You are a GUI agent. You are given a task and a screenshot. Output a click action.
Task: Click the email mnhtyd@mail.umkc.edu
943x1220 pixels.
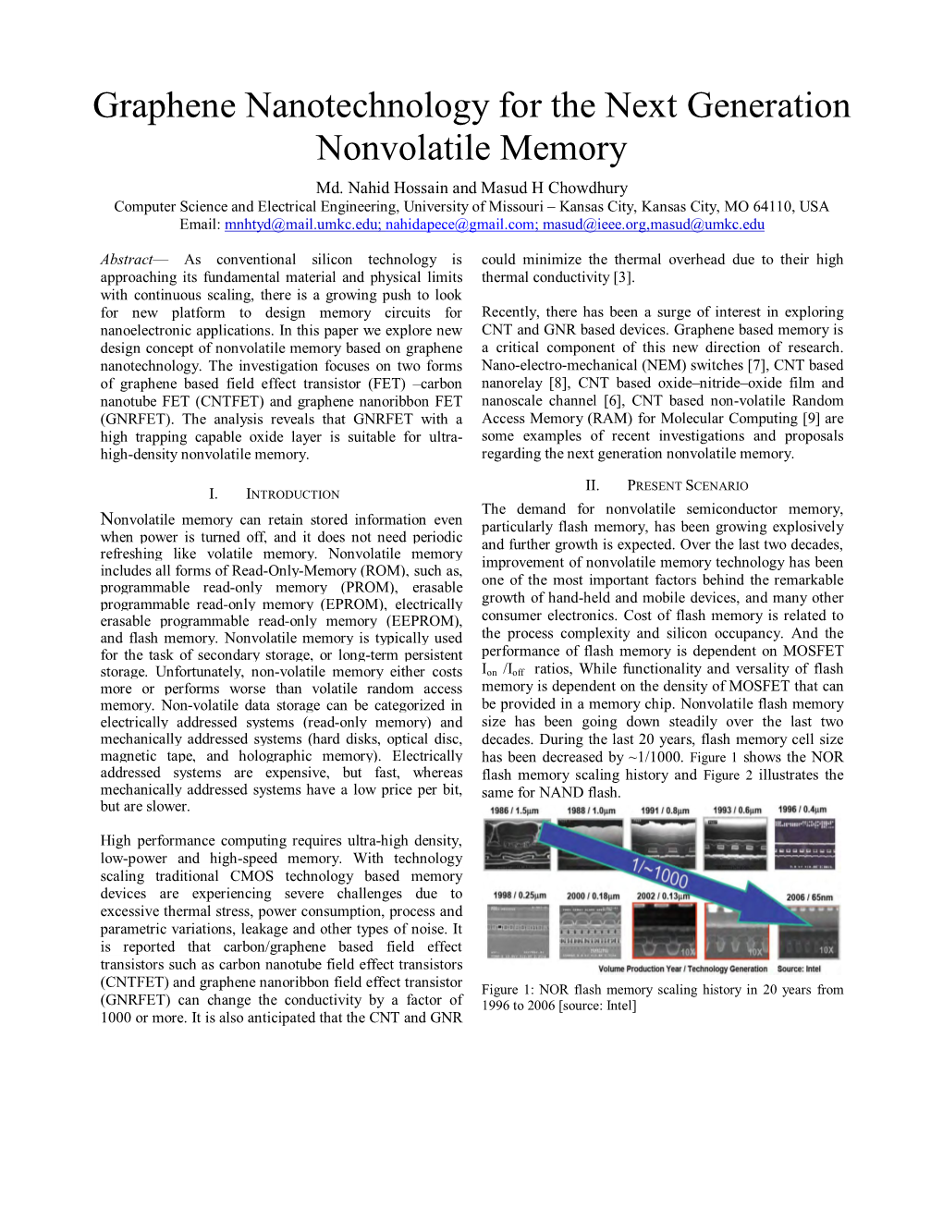pyautogui.click(x=301, y=225)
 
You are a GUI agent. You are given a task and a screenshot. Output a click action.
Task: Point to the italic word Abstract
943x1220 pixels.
pyautogui.click(x=127, y=260)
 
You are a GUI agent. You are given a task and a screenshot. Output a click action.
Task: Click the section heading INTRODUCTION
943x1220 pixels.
pyautogui.click(x=292, y=494)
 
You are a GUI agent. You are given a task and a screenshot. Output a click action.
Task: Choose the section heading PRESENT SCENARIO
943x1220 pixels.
pyautogui.click(x=687, y=486)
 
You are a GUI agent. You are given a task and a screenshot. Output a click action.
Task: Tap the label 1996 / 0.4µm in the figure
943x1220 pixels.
pyautogui.click(x=802, y=811)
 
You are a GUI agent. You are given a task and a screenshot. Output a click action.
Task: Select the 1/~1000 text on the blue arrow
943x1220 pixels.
pyautogui.click(x=660, y=872)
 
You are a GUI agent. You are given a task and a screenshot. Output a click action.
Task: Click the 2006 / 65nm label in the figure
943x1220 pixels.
pyautogui.click(x=809, y=897)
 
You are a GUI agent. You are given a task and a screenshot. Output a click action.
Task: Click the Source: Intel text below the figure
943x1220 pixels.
pyautogui.click(x=799, y=970)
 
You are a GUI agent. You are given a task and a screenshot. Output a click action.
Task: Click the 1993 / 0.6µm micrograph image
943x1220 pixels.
pyautogui.click(x=735, y=846)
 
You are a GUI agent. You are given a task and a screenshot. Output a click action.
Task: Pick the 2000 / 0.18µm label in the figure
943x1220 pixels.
pyautogui.click(x=593, y=897)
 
